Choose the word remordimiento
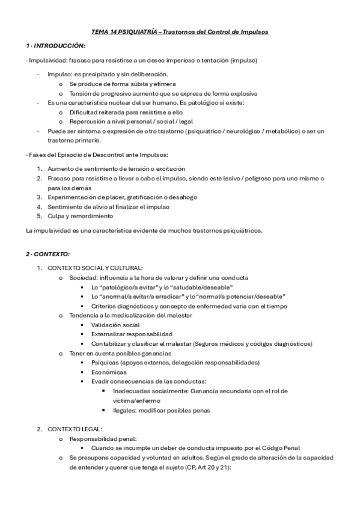pos(90,215)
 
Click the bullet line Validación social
pos(111,325)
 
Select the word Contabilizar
pos(109,343)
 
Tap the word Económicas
pos(109,372)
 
